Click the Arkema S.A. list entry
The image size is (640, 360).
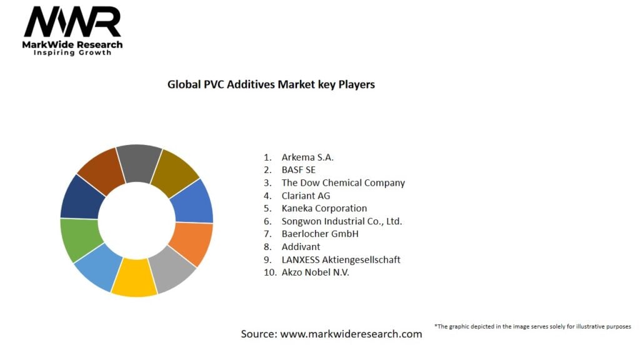coord(307,157)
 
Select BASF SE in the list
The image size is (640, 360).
coord(299,170)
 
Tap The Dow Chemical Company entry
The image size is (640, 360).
coord(343,182)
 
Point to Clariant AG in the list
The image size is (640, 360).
coord(306,196)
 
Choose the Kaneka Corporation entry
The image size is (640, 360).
coord(324,208)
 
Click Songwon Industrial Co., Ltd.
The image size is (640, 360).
coord(341,221)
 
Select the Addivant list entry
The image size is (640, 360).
coord(301,247)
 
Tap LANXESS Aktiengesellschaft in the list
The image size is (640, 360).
coord(341,259)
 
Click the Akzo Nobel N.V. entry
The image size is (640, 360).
coord(315,272)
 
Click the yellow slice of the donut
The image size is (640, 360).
coord(134,278)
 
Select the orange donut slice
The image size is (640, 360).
coord(192,242)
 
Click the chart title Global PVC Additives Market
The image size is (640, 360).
coord(271,84)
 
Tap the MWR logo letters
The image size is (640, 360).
coord(72,23)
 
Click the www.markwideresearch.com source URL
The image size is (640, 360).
coord(351,334)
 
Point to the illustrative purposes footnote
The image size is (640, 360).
coord(532,326)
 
